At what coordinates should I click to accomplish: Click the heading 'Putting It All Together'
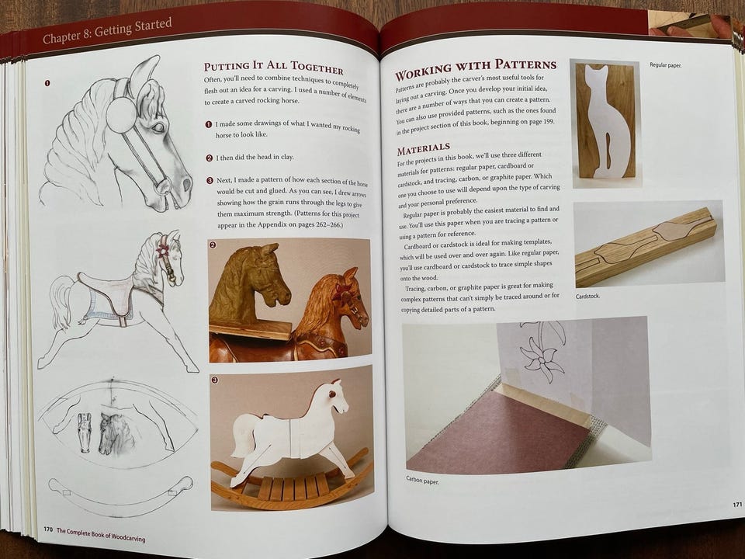click(x=274, y=68)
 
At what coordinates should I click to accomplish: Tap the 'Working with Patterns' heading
click(x=476, y=69)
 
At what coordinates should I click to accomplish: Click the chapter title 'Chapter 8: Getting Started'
click(x=107, y=31)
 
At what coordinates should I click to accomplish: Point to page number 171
click(x=736, y=505)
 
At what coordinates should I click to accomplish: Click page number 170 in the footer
click(x=48, y=529)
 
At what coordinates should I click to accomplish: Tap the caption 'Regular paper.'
click(x=665, y=64)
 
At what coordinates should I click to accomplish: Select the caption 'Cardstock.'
click(x=587, y=296)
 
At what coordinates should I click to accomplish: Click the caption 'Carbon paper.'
click(x=422, y=480)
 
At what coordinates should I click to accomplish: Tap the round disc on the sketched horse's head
click(x=121, y=115)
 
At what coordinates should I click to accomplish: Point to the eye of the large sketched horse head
click(x=158, y=127)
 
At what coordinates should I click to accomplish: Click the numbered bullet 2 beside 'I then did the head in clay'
click(x=209, y=158)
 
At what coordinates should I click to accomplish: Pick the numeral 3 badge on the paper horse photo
click(x=215, y=380)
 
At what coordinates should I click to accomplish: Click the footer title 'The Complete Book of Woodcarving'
click(x=101, y=535)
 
